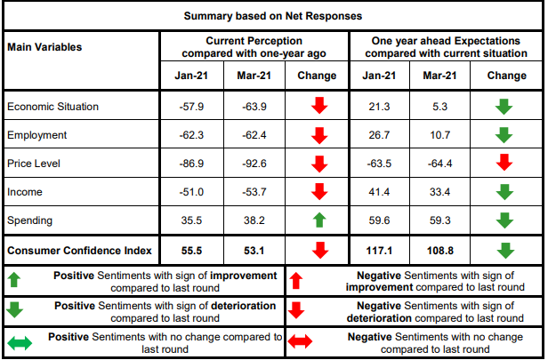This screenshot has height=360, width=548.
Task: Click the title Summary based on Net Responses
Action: click(273, 16)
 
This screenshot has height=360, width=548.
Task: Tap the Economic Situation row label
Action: click(52, 107)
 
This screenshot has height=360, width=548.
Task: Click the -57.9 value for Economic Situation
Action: click(191, 107)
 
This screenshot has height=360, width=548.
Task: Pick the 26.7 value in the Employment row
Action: click(379, 135)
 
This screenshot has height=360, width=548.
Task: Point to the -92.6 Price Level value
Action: click(254, 164)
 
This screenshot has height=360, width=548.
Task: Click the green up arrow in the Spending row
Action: click(319, 220)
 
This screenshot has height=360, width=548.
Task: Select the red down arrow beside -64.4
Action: click(504, 164)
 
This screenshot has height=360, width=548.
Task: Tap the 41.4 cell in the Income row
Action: click(379, 192)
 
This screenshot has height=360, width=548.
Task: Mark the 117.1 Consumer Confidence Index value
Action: click(379, 249)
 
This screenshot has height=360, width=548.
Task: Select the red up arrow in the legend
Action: click(296, 280)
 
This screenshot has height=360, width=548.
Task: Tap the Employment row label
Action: click(36, 135)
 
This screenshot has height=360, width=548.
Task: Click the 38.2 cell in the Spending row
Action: click(254, 220)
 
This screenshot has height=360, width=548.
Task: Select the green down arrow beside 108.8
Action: click(504, 249)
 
